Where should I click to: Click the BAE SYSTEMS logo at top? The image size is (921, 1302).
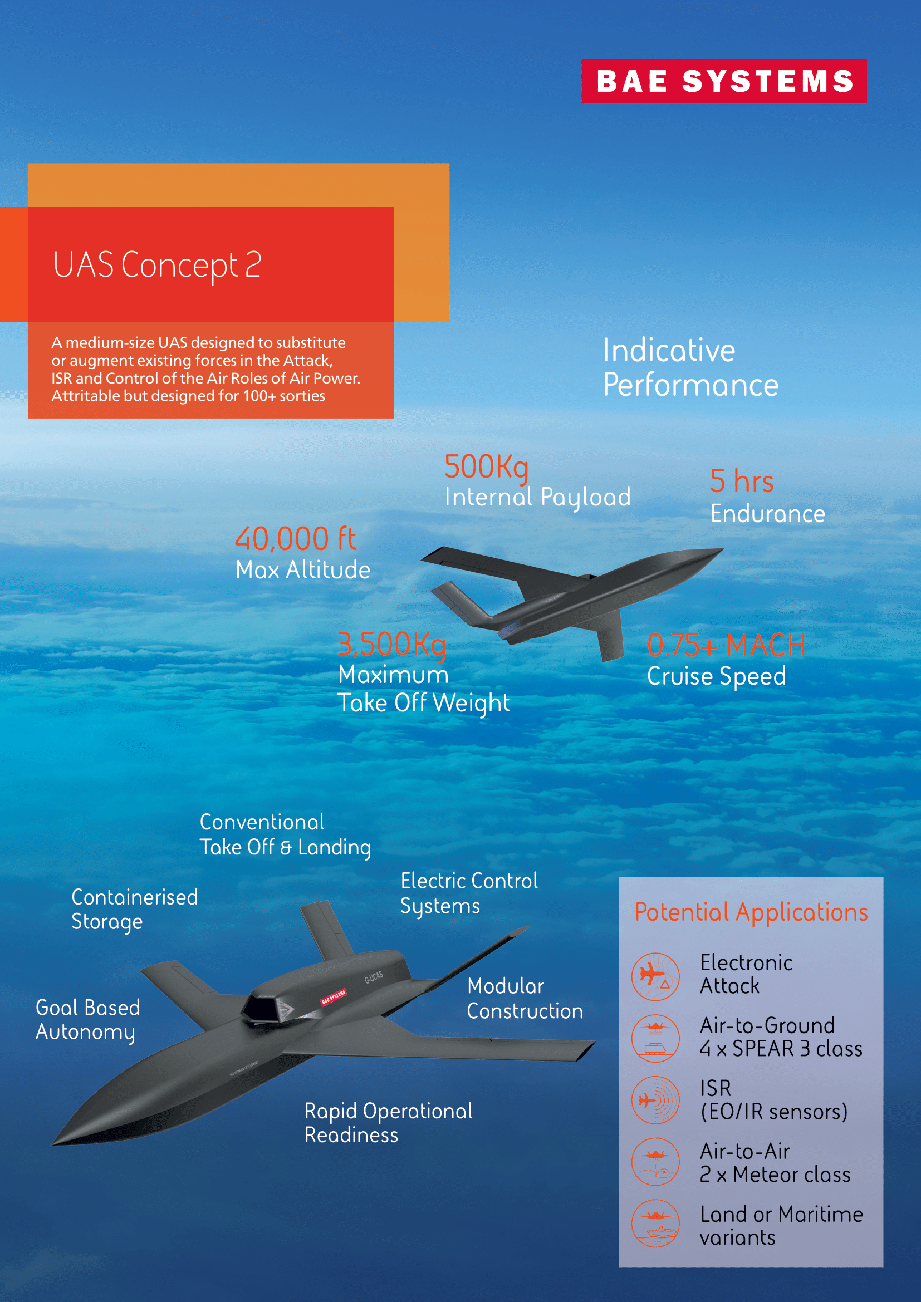tap(724, 81)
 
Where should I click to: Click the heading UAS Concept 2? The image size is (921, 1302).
tap(157, 265)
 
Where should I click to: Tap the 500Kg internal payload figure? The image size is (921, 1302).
tap(487, 466)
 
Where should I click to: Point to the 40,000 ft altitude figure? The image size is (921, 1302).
tap(296, 539)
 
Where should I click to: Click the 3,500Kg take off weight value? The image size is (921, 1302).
tap(392, 645)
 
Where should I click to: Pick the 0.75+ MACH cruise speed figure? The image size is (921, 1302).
tap(727, 645)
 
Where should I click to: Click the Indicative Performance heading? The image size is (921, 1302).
tap(690, 367)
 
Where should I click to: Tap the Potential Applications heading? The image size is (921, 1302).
tap(751, 912)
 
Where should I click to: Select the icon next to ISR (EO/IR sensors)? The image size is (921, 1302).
tap(655, 1100)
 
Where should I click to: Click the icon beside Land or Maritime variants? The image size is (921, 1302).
tap(655, 1223)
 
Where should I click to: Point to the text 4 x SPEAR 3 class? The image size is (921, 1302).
tap(781, 1049)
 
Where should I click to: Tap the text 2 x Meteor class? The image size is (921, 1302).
tap(775, 1175)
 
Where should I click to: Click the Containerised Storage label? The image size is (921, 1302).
tap(135, 910)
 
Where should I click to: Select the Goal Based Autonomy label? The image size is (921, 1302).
tap(88, 1020)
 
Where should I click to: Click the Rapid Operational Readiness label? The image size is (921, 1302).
tap(389, 1123)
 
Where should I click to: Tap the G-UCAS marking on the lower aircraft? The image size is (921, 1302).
tap(374, 977)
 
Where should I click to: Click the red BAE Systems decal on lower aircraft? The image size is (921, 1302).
tap(334, 997)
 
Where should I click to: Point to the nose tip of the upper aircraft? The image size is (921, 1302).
tap(723, 549)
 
